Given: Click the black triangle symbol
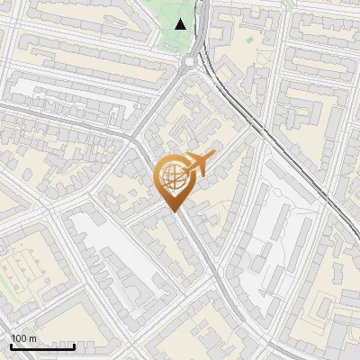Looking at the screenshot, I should (182, 24).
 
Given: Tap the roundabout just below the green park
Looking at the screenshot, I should (190, 61).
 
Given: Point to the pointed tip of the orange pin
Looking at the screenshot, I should (172, 212).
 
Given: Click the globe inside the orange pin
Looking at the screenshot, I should (171, 176).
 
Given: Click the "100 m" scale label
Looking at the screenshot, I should (23, 338).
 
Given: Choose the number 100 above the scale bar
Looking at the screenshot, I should (19, 338).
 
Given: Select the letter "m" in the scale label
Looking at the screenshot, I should (32, 338).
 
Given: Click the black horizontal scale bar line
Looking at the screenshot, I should (42, 346).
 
